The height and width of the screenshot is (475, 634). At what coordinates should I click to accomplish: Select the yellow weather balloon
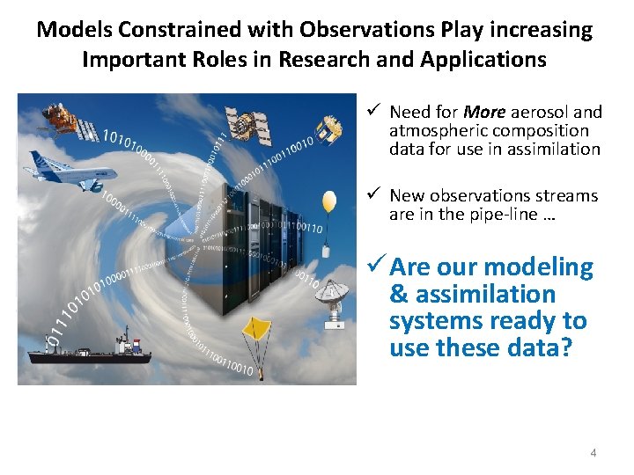[x=328, y=204]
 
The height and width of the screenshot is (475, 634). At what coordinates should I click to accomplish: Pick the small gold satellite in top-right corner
[x=329, y=129]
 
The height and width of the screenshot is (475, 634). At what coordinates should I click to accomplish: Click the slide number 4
[x=593, y=452]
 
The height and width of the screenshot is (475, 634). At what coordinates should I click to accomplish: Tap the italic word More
[x=484, y=112]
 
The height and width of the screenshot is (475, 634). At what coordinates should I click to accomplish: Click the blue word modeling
[x=539, y=267]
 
